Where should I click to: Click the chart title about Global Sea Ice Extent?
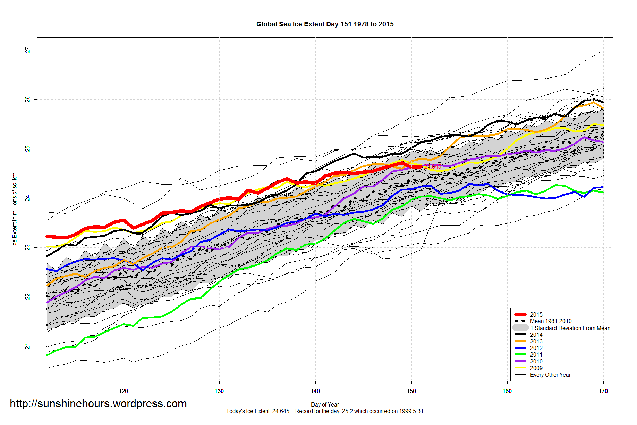pyautogui.click(x=325, y=24)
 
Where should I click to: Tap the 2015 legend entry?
pyautogui.click(x=536, y=314)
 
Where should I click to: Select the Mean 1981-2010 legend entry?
pyautogui.click(x=551, y=321)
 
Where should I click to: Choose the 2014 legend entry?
pyautogui.click(x=536, y=335)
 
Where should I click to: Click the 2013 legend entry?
pyautogui.click(x=536, y=341)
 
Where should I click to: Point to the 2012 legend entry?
pyautogui.click(x=536, y=348)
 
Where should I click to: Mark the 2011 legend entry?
pyautogui.click(x=536, y=354)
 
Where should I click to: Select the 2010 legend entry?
pyautogui.click(x=536, y=361)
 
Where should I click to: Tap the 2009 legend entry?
pyautogui.click(x=536, y=368)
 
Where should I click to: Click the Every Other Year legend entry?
pyautogui.click(x=550, y=375)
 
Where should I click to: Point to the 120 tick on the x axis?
pyautogui.click(x=123, y=391)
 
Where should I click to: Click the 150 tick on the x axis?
pyautogui.click(x=411, y=391)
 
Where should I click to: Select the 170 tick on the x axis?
pyautogui.click(x=603, y=391)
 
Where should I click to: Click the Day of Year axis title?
pyautogui.click(x=325, y=404)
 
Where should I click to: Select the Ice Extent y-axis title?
pyautogui.click(x=15, y=209)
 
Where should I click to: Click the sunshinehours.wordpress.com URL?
pyautogui.click(x=98, y=403)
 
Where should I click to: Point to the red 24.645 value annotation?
pyautogui.click(x=433, y=167)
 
